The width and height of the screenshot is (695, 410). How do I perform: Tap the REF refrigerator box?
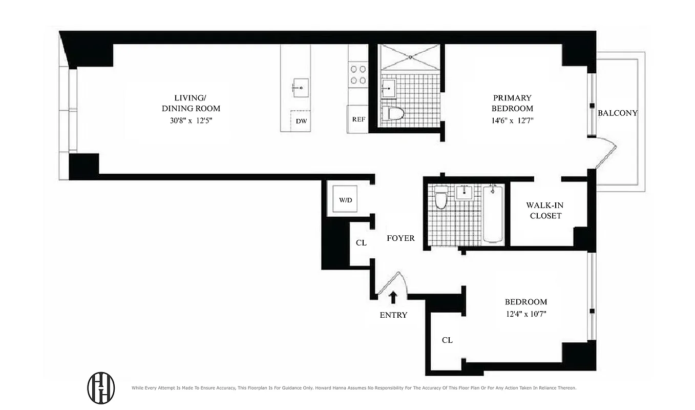(x=358, y=119)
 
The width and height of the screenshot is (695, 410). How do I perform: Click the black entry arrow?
(x=393, y=297)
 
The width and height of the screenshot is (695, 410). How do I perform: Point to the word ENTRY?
(x=393, y=315)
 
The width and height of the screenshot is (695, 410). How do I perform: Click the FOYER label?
(x=401, y=238)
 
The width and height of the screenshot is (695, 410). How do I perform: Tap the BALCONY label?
(x=618, y=113)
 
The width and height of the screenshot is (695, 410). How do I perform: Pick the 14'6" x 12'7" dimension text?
(x=512, y=121)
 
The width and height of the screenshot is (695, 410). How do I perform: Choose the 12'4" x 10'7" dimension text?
(x=525, y=314)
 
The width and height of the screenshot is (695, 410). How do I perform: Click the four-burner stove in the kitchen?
(x=358, y=74)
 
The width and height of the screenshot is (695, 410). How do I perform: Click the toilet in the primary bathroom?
(x=393, y=113)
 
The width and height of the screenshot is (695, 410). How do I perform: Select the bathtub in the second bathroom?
(x=493, y=214)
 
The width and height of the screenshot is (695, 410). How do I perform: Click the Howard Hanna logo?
(x=101, y=387)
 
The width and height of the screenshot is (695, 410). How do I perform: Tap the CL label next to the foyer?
(x=361, y=243)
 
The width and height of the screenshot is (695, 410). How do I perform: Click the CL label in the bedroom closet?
(x=447, y=340)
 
